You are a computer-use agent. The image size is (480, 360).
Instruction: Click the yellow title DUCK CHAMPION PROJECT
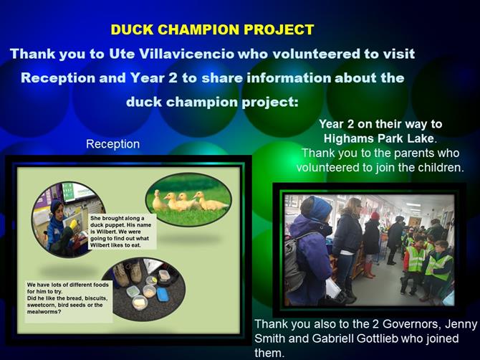click(x=212, y=29)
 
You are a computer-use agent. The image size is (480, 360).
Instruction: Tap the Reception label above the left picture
click(x=112, y=144)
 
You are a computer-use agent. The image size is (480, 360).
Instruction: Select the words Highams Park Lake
click(x=379, y=138)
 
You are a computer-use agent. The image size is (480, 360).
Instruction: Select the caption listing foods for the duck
click(x=68, y=298)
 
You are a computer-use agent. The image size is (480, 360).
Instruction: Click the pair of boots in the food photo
click(x=128, y=273)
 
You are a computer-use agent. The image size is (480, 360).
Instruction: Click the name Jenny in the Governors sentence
click(x=461, y=324)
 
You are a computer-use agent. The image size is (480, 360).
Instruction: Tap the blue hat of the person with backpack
click(x=317, y=207)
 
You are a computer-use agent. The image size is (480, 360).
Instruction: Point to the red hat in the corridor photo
click(x=375, y=216)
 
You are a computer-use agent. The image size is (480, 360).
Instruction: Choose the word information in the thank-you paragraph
click(x=289, y=78)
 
